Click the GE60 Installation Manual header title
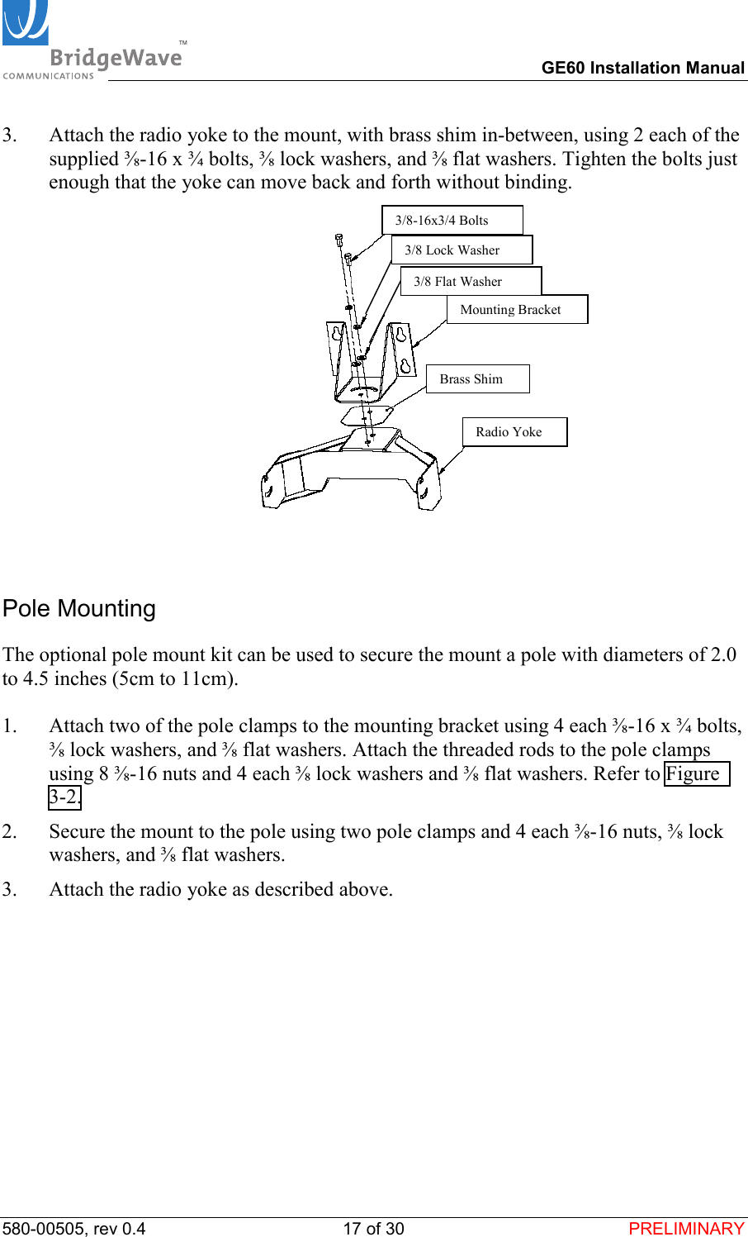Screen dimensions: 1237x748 tap(642, 68)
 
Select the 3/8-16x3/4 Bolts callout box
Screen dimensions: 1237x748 tap(452, 221)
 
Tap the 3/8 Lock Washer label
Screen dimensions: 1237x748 tap(461, 250)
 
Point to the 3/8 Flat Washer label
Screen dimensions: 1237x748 tap(470, 282)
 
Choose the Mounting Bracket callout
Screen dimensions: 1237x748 tap(516, 310)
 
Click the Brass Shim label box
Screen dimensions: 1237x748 tap(476, 379)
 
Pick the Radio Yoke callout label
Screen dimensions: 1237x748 tap(514, 432)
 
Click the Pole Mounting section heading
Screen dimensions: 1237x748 tap(79, 608)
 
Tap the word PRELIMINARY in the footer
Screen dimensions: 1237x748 tap(686, 1228)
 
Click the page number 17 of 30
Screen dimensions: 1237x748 tap(373, 1228)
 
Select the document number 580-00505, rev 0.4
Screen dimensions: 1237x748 tap(74, 1228)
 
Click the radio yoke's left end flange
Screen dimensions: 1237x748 tap(272, 488)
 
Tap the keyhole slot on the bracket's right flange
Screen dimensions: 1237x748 tap(401, 336)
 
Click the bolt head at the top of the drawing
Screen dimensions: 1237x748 tap(338, 239)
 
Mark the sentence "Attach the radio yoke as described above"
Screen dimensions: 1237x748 tap(220, 889)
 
